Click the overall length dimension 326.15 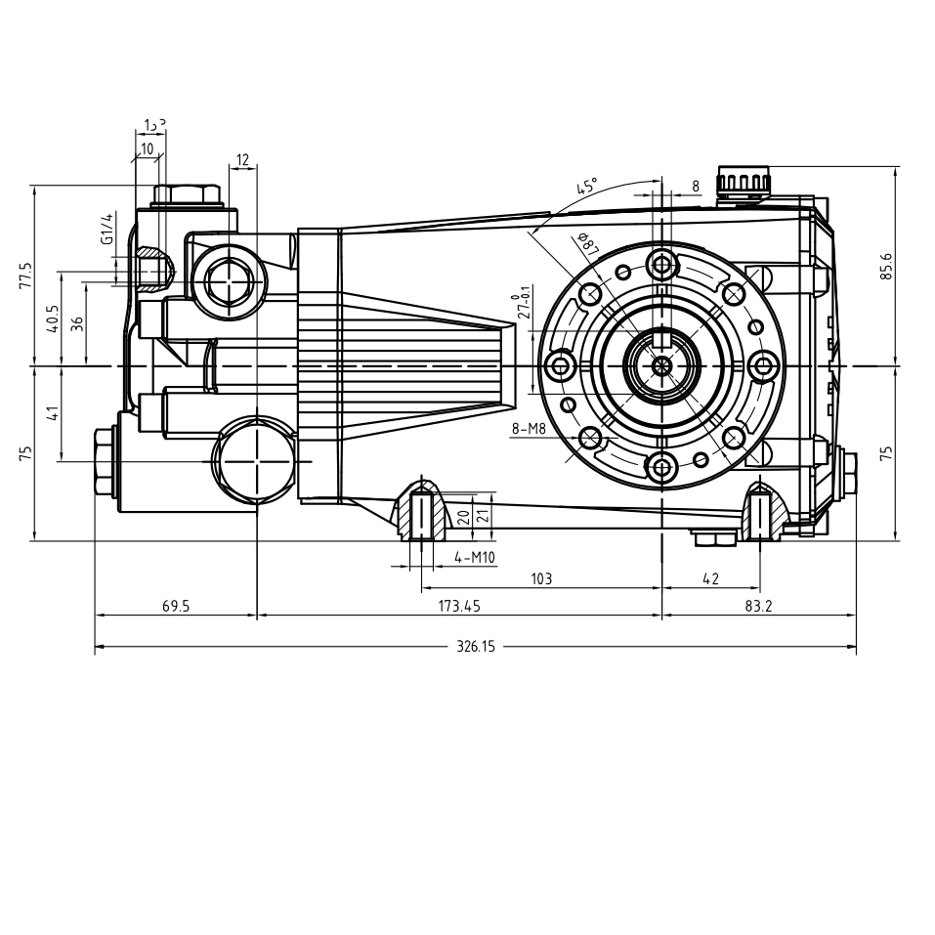coord(476,647)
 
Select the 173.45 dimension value coord(459,606)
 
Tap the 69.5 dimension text coord(176,606)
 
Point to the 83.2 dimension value coord(758,606)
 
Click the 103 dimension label coord(541,578)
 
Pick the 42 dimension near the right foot coord(710,578)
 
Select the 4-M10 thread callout coord(475,558)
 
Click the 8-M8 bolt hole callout coord(528,428)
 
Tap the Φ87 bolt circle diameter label coord(588,244)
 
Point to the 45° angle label coord(586,188)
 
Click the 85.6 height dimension coord(886,265)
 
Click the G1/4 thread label coord(106,228)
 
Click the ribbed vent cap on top coord(743,183)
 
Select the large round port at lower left coord(253,460)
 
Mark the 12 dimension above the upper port coord(242,159)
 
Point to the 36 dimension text coord(76,322)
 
